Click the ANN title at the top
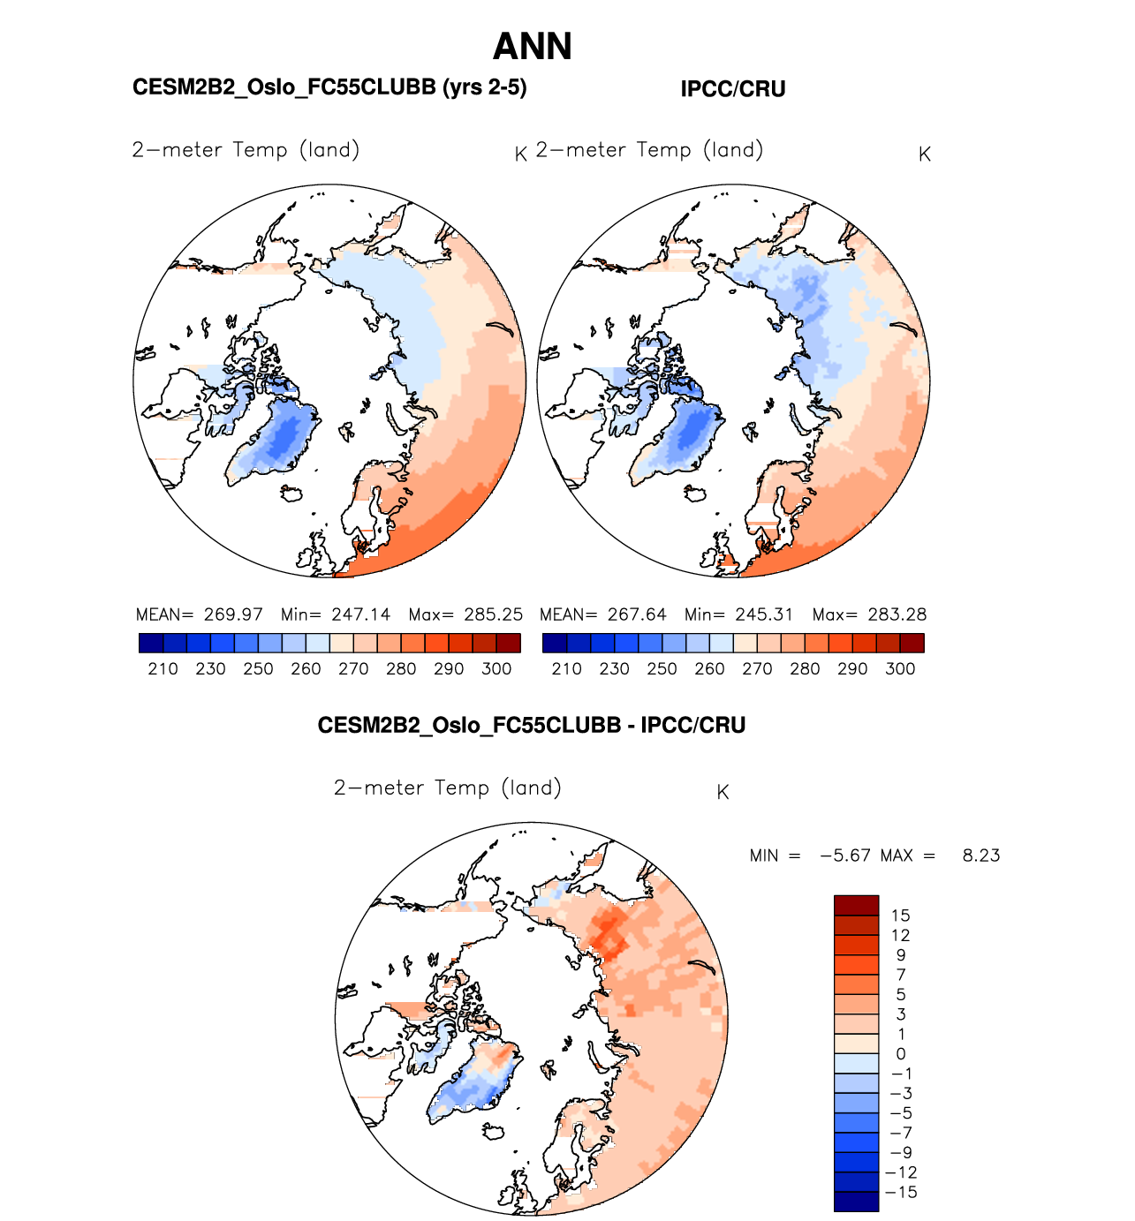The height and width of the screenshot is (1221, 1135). point(532,47)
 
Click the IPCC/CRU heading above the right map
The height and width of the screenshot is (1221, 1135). point(732,89)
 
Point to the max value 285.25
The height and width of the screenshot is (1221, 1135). point(493,614)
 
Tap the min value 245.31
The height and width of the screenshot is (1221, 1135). point(764,614)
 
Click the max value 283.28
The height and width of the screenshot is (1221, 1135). point(897,614)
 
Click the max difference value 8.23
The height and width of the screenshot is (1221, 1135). point(981,855)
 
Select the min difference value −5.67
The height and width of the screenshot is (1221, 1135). point(845,855)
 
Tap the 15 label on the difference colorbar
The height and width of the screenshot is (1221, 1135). point(900,916)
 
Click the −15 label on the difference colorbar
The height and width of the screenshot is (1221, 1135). point(901,1192)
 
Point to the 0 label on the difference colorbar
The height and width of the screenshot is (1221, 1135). point(900,1054)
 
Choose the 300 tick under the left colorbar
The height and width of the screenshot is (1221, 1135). point(496,669)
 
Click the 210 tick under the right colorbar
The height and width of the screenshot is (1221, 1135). point(566,669)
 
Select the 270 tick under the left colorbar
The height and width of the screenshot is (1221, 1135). point(353,669)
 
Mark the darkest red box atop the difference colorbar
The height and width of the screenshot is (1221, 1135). point(856,906)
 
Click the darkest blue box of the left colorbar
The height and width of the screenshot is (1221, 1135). point(151,643)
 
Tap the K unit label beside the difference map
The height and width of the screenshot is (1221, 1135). point(723,793)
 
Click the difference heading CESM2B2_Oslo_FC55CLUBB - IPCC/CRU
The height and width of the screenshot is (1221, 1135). point(532,726)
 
